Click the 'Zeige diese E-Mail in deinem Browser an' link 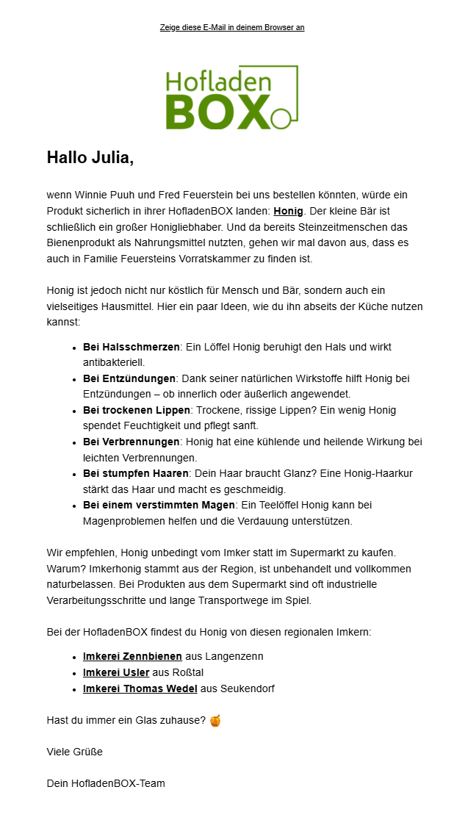(232, 28)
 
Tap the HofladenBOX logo (231, 98)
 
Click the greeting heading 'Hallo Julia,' (90, 157)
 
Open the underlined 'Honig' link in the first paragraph (287, 211)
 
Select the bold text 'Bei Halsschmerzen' (132, 347)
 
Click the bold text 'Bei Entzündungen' (129, 378)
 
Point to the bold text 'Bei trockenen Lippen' (137, 410)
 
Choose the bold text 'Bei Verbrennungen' (132, 442)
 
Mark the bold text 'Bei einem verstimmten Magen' (159, 506)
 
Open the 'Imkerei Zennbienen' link (132, 656)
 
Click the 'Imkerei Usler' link (116, 672)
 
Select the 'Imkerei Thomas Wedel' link (140, 688)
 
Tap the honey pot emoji (215, 721)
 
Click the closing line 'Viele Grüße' (74, 752)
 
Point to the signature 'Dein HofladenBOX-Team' (106, 783)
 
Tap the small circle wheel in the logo (278, 118)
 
